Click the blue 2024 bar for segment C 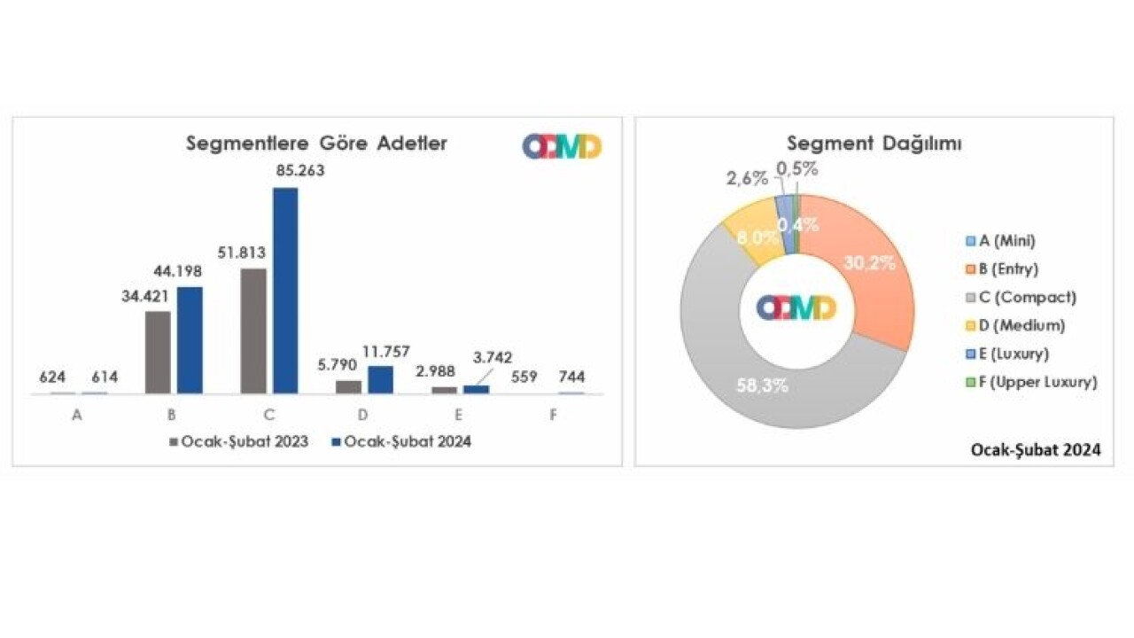pos(285,290)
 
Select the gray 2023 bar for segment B pos(158,352)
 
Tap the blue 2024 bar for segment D pos(380,379)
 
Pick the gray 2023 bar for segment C pos(253,331)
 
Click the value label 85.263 pos(300,171)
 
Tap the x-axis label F pos(553,415)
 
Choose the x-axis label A pos(77,415)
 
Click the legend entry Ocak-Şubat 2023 pos(238,442)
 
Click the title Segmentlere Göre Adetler pos(316,144)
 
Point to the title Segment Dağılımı pos(850,144)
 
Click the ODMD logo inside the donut pos(796,307)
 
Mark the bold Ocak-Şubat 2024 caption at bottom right pos(1034,450)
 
